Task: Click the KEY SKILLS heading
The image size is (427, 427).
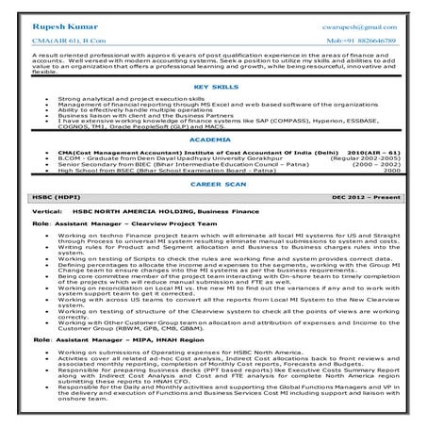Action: pyautogui.click(x=212, y=86)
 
